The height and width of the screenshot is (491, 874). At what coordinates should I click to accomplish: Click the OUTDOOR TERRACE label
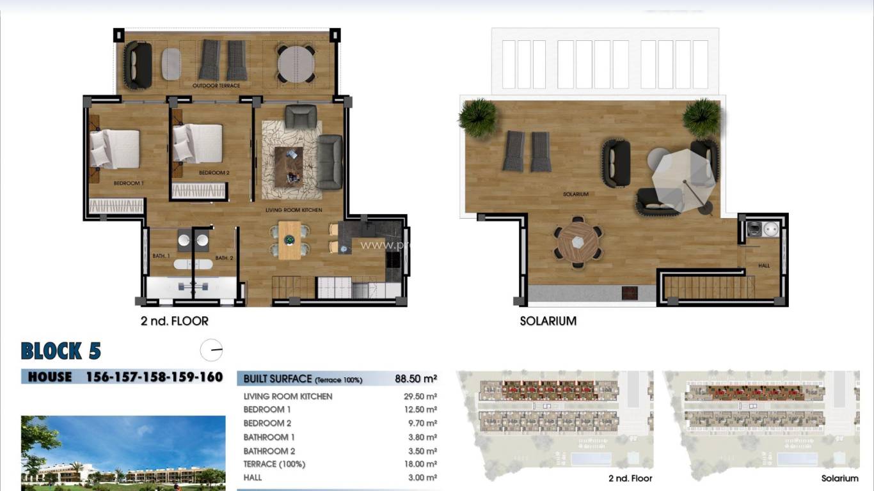(x=216, y=86)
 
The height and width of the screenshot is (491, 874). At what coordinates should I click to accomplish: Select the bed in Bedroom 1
(x=115, y=148)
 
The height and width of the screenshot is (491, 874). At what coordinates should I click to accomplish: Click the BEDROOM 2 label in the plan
(x=214, y=173)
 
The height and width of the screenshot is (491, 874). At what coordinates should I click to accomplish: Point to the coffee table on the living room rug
(x=289, y=166)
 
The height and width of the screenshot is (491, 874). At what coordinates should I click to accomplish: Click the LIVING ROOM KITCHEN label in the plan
(x=294, y=210)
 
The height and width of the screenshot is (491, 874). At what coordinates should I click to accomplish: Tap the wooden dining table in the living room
(x=289, y=240)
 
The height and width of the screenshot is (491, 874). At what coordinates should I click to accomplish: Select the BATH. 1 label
(x=161, y=256)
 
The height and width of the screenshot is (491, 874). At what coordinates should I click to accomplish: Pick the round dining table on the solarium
(x=578, y=242)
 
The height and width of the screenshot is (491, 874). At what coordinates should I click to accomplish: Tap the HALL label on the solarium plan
(x=764, y=266)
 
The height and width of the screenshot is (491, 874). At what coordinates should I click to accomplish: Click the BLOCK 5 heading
(x=61, y=351)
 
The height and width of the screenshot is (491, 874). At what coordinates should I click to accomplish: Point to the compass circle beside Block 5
(x=211, y=350)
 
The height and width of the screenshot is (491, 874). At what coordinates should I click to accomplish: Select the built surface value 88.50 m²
(x=416, y=378)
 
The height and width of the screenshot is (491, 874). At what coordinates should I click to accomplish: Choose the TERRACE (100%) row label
(x=274, y=464)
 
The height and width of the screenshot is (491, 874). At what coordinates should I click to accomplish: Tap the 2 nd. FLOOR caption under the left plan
(x=174, y=321)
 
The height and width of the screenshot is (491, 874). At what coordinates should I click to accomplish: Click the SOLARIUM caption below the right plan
(x=548, y=321)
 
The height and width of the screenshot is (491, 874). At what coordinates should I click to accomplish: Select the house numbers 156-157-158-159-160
(x=154, y=377)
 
